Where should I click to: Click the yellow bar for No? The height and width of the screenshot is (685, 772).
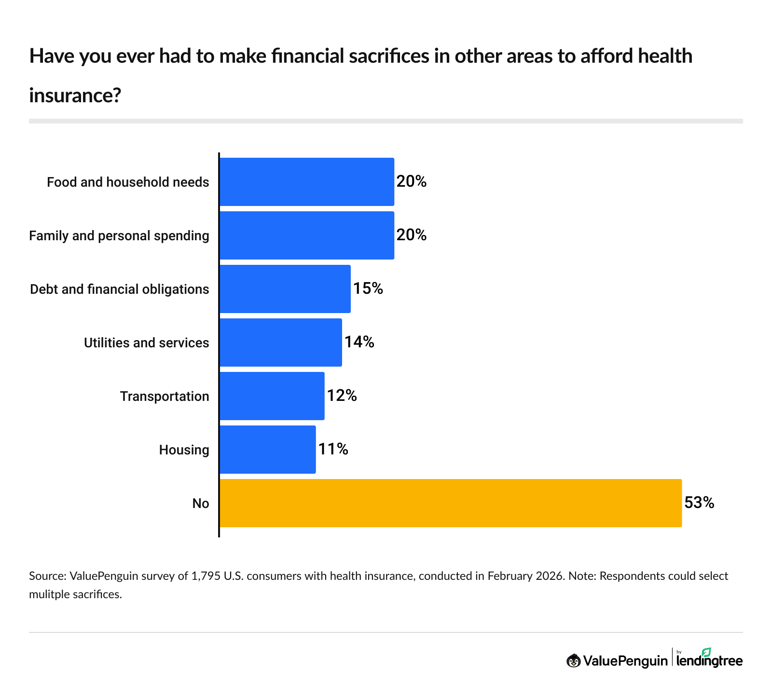coord(451,503)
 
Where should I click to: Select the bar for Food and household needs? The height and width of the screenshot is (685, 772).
coord(307,182)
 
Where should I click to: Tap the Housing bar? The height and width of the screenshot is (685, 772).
coord(268,450)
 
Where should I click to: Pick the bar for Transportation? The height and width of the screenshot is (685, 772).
coord(272,396)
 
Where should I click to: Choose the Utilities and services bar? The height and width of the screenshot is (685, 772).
coord(281,342)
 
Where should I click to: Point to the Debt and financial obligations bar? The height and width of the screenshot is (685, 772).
coord(285,289)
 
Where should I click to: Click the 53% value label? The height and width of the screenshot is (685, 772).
coord(699,503)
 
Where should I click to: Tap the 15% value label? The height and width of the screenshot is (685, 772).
coord(368,288)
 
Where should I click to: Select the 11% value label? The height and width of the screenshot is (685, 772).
coord(333,449)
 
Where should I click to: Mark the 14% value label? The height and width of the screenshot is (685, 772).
coord(359,342)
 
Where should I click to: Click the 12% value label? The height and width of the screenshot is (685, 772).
coord(342,396)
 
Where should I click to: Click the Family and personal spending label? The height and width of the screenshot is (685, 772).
coord(119,236)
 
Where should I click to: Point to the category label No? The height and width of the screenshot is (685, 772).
coord(201,504)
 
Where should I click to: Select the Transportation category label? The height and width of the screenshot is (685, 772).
coord(165,397)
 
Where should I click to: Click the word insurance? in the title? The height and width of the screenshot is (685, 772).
coord(75,96)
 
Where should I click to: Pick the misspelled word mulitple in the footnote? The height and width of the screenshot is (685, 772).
coord(49,594)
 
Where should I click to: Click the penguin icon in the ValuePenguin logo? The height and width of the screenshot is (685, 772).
coord(573,660)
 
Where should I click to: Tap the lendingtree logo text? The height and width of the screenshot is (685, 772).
coord(709,661)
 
